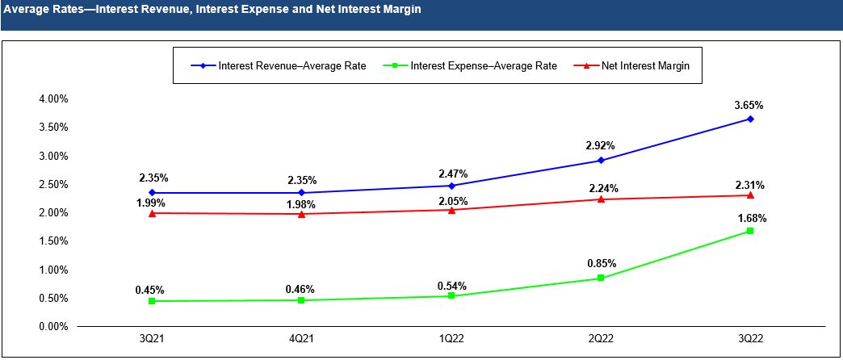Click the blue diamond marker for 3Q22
(x=750, y=119)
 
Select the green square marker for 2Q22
(x=601, y=278)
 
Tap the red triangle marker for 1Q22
(x=451, y=210)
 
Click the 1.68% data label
(x=750, y=218)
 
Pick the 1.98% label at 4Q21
(x=301, y=201)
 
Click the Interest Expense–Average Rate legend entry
(x=483, y=66)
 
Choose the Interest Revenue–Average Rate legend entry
(x=291, y=66)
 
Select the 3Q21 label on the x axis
(x=152, y=339)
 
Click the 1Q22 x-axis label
(x=451, y=339)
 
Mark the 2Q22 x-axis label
(x=601, y=339)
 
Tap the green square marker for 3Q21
(x=152, y=301)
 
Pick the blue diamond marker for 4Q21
(x=301, y=192)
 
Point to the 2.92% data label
(x=601, y=146)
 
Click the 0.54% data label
(x=451, y=285)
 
